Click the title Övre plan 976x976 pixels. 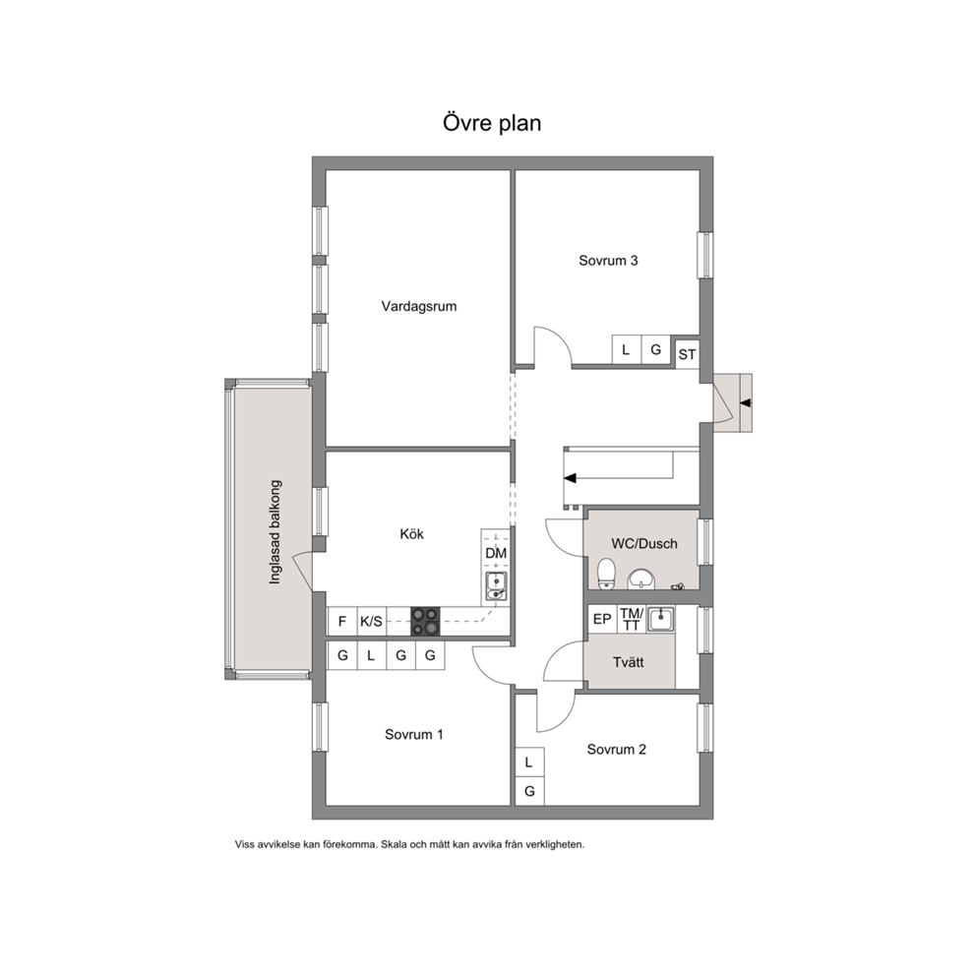point(492,123)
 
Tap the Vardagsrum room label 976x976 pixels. point(419,306)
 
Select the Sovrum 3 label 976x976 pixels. point(608,261)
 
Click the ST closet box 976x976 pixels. point(687,354)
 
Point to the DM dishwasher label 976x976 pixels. point(496,553)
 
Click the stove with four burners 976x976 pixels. point(425,621)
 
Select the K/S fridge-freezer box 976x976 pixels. point(372,621)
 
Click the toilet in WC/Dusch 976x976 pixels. point(606,574)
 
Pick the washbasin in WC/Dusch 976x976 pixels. point(641,579)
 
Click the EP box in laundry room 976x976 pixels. point(602,619)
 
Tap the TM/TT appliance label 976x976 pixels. point(632,619)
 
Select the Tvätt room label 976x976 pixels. point(628,662)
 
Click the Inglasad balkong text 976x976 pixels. point(275,532)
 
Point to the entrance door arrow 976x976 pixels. point(745,402)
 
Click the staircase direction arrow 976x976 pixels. point(618,478)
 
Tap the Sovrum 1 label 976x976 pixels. point(414,735)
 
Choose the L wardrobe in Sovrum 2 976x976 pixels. point(529,762)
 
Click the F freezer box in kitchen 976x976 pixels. point(342,621)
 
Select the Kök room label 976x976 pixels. point(411,534)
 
